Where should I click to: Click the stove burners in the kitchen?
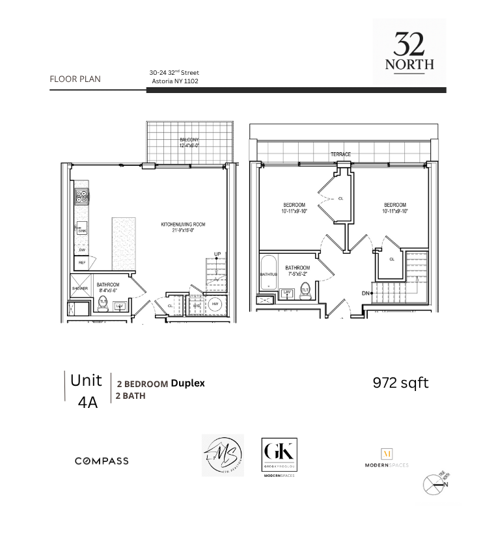pyautogui.click(x=81, y=195)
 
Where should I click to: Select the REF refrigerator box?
pyautogui.click(x=82, y=263)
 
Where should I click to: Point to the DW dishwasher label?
pyautogui.click(x=82, y=250)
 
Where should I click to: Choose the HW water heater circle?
pyautogui.click(x=215, y=304)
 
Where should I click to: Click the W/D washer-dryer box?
pyautogui.click(x=197, y=304)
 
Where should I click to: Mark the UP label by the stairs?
pyautogui.click(x=217, y=254)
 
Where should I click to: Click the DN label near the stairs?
pyautogui.click(x=366, y=293)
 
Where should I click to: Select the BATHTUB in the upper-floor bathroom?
pyautogui.click(x=269, y=273)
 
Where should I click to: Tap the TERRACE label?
pyautogui.click(x=340, y=154)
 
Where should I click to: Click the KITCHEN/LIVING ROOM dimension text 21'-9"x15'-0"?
pyautogui.click(x=183, y=231)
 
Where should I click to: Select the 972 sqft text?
pyautogui.click(x=400, y=383)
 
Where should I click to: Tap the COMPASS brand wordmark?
pyautogui.click(x=102, y=461)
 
